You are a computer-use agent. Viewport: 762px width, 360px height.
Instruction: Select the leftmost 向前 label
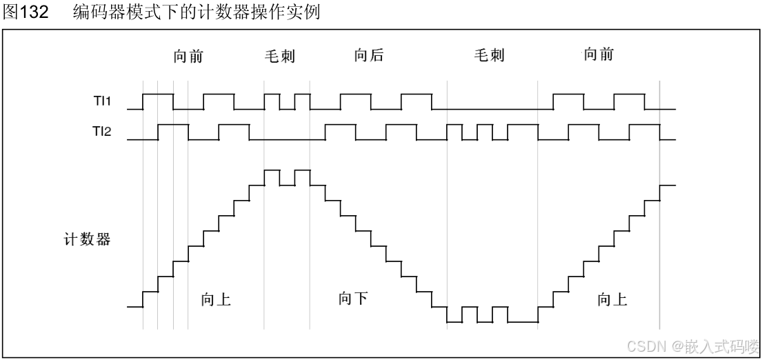[x=188, y=57]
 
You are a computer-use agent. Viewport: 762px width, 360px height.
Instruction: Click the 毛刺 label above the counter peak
[x=279, y=57]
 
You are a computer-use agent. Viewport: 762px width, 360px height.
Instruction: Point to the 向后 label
[x=369, y=57]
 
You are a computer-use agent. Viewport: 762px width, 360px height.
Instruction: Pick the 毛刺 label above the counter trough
[x=489, y=57]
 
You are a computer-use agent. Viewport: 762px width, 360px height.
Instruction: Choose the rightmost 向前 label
[x=598, y=57]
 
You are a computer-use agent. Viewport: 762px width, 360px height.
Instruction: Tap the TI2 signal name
[x=103, y=131]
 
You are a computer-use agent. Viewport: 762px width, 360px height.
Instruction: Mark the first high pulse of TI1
[x=157, y=94]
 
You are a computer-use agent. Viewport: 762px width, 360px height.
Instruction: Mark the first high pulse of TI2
[x=172, y=125]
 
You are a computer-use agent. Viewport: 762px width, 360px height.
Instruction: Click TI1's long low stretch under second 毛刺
[x=492, y=109]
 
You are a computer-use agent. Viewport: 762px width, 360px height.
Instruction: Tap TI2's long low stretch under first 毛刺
[x=286, y=139]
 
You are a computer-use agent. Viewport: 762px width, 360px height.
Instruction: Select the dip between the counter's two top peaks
[x=287, y=185]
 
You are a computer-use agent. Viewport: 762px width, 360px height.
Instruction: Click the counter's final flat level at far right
[x=668, y=185]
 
